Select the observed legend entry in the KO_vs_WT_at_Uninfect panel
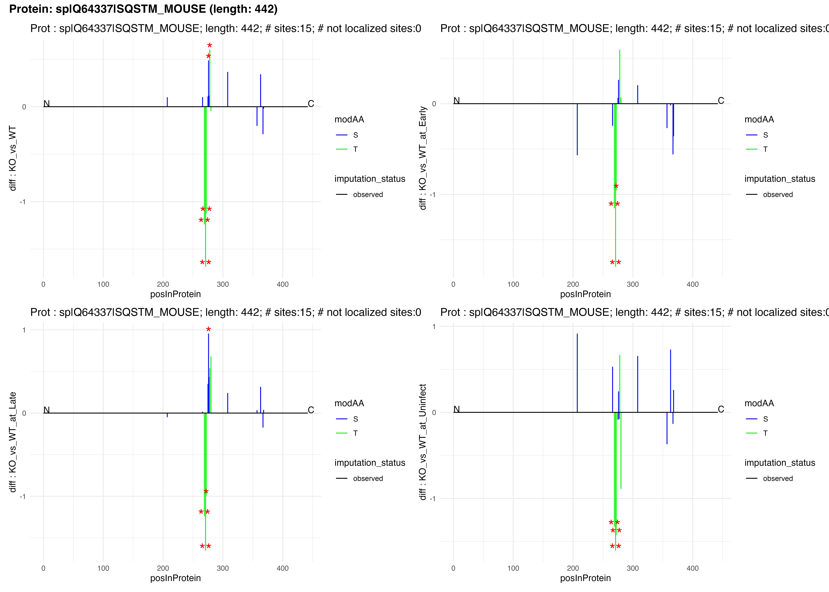pyautogui.click(x=778, y=478)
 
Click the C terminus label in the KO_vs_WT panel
pyautogui.click(x=311, y=104)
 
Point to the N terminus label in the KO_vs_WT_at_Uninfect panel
pyautogui.click(x=456, y=409)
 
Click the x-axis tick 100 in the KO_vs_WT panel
pyautogui.click(x=103, y=284)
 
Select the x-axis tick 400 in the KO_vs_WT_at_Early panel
pyautogui.click(x=692, y=284)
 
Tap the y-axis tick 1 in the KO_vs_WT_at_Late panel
pyautogui.click(x=24, y=330)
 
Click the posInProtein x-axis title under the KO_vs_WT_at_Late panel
pyautogui.click(x=175, y=578)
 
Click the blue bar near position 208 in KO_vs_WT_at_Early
pyautogui.click(x=577, y=129)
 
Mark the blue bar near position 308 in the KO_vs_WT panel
pyautogui.click(x=227, y=89)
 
